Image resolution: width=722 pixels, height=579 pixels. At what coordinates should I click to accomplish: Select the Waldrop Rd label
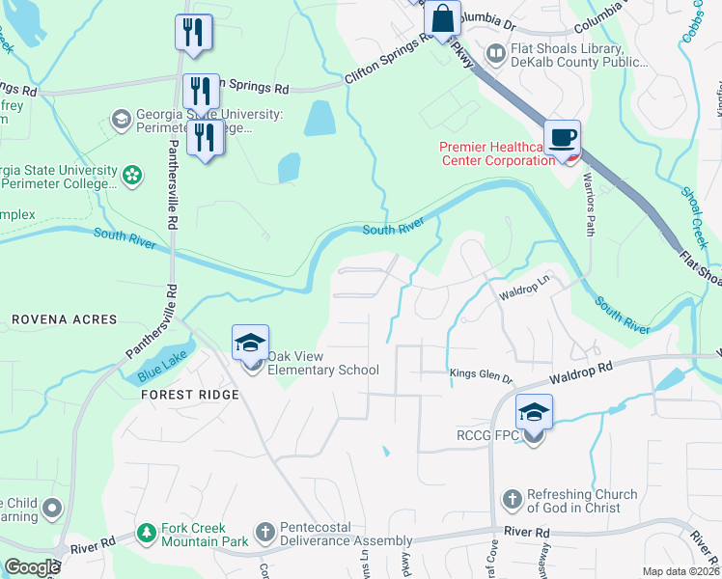582,369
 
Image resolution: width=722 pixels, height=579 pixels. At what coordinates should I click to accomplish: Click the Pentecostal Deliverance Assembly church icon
265,532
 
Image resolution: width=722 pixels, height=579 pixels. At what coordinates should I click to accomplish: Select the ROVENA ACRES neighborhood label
64,318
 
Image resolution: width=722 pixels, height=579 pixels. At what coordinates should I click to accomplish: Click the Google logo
32,567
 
